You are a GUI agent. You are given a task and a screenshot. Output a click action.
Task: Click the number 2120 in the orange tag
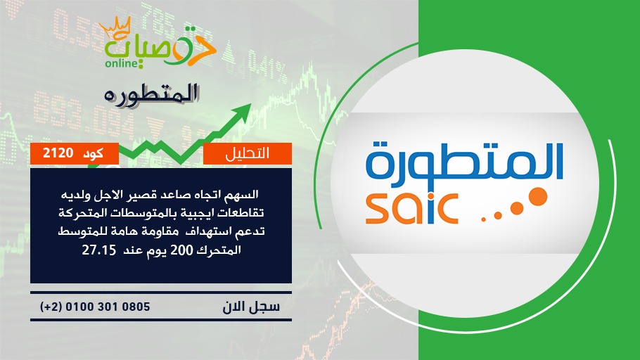click(58, 153)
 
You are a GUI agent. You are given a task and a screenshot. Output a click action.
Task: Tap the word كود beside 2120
click(93, 154)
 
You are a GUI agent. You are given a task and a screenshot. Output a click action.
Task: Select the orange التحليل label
click(248, 153)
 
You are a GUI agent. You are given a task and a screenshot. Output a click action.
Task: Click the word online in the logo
click(121, 63)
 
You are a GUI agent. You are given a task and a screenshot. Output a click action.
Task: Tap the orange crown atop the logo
click(115, 27)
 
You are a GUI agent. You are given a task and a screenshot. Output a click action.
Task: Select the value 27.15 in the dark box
click(99, 250)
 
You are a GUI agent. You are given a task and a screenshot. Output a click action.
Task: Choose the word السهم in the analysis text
click(244, 195)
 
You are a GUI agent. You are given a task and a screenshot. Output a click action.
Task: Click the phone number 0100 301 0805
click(108, 307)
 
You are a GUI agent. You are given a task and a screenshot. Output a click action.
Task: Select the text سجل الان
click(251, 307)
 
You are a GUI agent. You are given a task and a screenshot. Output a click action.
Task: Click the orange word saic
click(411, 209)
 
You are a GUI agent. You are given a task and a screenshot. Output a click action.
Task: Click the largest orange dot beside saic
click(538, 196)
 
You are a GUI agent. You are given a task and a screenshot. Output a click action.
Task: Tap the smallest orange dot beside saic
click(484, 220)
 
